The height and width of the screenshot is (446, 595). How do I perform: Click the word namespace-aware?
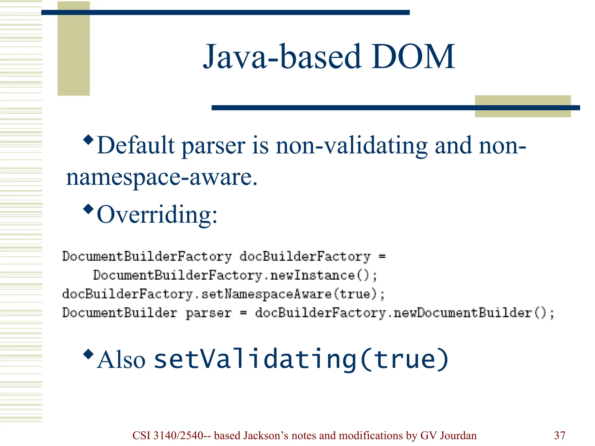click(162, 177)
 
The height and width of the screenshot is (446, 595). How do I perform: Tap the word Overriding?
click(157, 215)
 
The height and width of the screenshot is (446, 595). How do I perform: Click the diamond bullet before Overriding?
click(88, 209)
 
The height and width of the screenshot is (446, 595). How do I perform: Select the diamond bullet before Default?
click(88, 140)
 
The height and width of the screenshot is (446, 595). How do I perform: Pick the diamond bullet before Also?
click(88, 354)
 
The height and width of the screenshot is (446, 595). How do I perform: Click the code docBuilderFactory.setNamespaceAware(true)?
click(223, 294)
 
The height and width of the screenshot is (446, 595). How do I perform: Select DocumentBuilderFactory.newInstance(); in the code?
click(235, 275)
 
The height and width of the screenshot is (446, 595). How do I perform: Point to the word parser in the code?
click(209, 313)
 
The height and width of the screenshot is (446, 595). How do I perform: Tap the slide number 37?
click(560, 436)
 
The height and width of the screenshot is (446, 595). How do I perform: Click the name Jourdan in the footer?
click(458, 436)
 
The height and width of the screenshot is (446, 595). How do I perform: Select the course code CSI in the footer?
click(141, 436)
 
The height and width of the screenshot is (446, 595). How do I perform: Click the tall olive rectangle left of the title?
click(74, 48)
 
